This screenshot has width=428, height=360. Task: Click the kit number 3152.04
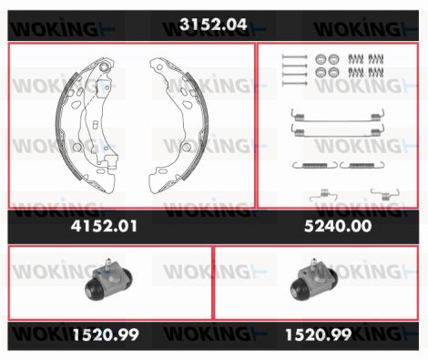coord(213,25)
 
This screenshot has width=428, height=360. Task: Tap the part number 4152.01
coord(104,226)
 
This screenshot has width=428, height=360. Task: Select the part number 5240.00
coord(338,226)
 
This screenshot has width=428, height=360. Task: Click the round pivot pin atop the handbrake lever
coord(104,67)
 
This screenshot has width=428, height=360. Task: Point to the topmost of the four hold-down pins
coord(294,57)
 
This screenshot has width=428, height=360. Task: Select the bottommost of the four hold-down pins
coord(294,83)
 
